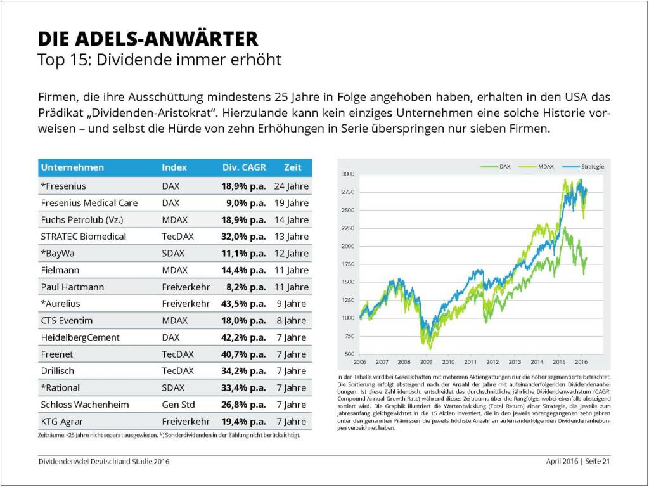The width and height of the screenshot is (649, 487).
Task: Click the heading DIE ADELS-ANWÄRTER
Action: (x=148, y=39)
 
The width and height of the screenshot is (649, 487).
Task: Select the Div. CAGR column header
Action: (x=243, y=167)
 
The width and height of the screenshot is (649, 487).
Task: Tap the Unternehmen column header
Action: (x=72, y=167)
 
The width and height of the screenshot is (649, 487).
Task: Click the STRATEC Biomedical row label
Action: (x=84, y=237)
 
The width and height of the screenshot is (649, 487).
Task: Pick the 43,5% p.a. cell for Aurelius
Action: (x=243, y=304)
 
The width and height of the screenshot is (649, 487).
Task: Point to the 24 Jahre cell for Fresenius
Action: (x=292, y=186)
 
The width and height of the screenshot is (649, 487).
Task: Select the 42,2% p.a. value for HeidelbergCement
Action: (x=243, y=337)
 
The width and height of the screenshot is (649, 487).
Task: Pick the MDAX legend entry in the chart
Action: (x=546, y=166)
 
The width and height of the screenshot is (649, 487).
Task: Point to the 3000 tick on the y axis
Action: (x=347, y=173)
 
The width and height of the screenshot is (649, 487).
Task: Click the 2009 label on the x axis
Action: (x=426, y=362)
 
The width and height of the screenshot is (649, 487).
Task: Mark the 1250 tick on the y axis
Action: (x=347, y=300)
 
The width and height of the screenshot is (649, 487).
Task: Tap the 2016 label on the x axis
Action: (x=580, y=362)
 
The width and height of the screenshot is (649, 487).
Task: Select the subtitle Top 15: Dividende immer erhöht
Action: (x=159, y=60)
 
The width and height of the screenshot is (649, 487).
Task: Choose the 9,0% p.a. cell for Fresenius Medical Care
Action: (x=246, y=203)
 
